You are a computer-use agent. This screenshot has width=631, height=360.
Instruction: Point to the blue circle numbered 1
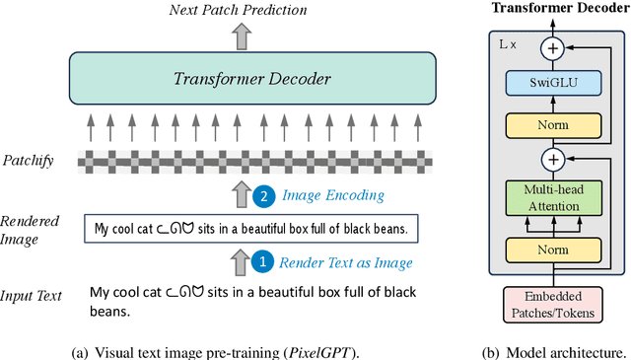(262, 262)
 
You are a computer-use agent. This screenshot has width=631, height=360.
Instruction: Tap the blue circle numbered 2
(262, 196)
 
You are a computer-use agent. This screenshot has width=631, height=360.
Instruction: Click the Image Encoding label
(332, 196)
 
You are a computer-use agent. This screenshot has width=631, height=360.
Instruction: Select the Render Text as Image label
(345, 263)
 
